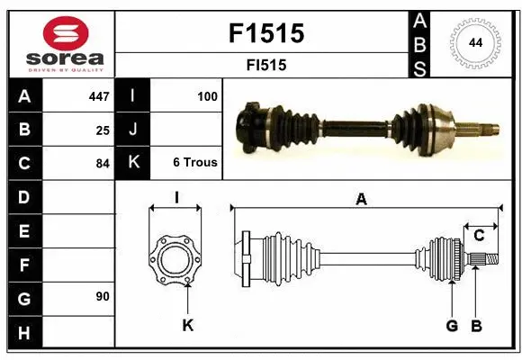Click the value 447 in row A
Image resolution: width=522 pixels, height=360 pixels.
[x=98, y=96]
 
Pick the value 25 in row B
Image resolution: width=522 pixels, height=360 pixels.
[x=103, y=130]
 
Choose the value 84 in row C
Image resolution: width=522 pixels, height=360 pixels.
[x=103, y=164]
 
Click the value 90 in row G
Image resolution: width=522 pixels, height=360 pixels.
[x=103, y=296]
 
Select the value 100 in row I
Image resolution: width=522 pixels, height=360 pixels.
[x=206, y=95]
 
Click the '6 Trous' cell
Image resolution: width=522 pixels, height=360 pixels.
[x=194, y=163]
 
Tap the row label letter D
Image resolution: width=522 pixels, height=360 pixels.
[x=24, y=197]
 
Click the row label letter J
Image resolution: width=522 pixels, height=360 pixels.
[x=133, y=130]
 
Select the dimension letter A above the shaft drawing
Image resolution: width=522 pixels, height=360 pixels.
[x=361, y=200]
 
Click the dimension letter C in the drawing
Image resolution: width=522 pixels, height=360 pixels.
[x=479, y=235]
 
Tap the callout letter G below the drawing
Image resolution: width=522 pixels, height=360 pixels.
[x=452, y=325]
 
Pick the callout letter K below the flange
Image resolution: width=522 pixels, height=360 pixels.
[x=187, y=325]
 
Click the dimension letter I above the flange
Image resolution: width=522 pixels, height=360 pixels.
[x=176, y=197]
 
